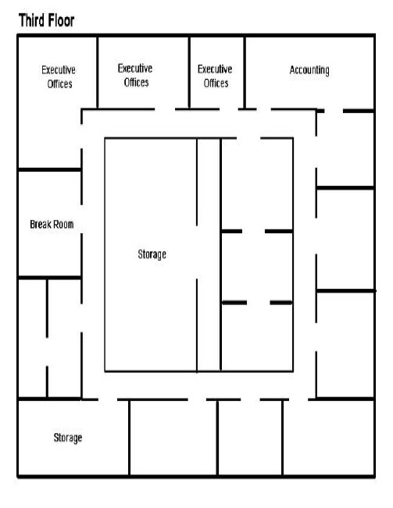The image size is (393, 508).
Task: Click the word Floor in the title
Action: pyautogui.click(x=61, y=20)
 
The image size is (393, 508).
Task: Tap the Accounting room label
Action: pyautogui.click(x=309, y=70)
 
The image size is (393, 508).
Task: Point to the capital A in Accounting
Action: pyautogui.click(x=292, y=69)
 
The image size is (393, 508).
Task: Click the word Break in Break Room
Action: pyautogui.click(x=39, y=224)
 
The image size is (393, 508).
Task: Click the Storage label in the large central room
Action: pyautogui.click(x=152, y=254)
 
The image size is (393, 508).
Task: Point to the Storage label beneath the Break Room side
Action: pyautogui.click(x=68, y=438)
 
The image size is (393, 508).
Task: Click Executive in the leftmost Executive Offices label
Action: pyautogui.click(x=59, y=70)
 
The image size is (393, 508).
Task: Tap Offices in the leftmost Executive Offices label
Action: pyautogui.click(x=59, y=84)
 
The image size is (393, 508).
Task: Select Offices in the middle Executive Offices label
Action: pyautogui.click(x=136, y=83)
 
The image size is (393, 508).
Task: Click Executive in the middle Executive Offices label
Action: pyautogui.click(x=135, y=69)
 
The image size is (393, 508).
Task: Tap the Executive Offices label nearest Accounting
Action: pyautogui.click(x=215, y=76)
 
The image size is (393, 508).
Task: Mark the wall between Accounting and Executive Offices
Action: pyautogui.click(x=245, y=73)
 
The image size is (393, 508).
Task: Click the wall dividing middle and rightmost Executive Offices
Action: pyautogui.click(x=189, y=73)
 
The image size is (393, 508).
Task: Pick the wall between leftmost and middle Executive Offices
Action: pyautogui.click(x=97, y=73)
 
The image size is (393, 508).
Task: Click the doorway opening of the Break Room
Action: pyautogui.click(x=81, y=219)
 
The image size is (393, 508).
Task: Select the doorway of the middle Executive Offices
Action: pyautogui.click(x=165, y=109)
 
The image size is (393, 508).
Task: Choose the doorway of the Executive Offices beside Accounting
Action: pyautogui.click(x=229, y=109)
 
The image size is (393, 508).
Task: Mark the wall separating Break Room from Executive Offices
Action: pyautogui.click(x=49, y=170)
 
